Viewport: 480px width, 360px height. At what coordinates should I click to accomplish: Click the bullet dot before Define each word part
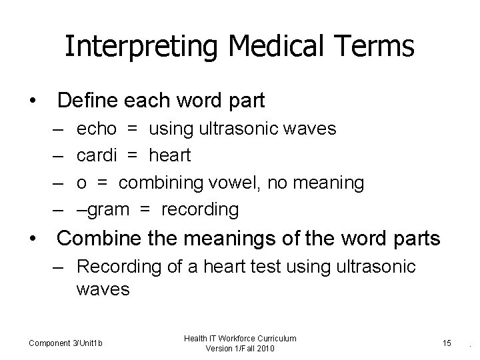31,101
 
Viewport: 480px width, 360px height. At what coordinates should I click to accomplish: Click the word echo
97,129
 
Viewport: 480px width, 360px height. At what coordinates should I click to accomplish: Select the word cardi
97,155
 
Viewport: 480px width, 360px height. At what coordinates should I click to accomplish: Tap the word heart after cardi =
169,155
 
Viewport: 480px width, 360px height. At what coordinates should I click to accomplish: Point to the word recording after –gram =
200,209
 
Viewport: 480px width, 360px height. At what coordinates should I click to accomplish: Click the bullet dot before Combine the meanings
31,239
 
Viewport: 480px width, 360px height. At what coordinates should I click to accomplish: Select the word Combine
99,238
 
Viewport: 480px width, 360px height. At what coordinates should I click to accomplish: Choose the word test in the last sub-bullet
277,267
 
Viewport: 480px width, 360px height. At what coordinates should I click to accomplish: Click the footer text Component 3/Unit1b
65,343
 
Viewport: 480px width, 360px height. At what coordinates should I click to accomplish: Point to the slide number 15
447,343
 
